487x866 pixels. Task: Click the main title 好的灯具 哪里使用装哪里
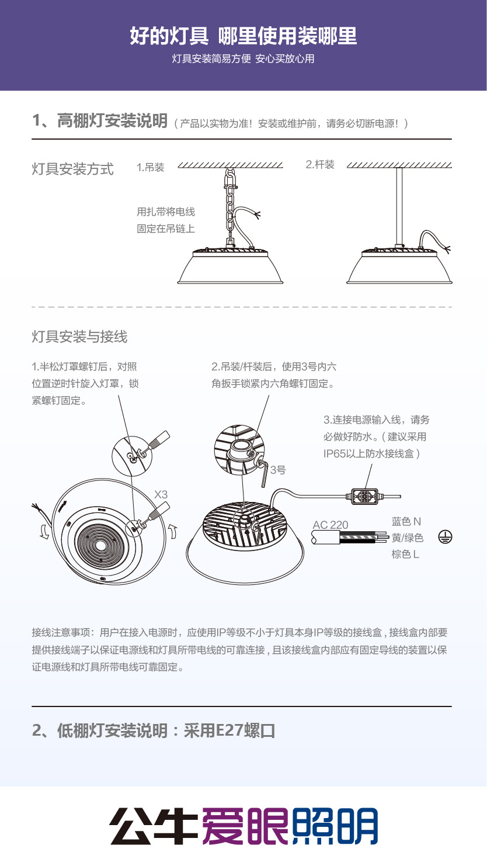point(243,36)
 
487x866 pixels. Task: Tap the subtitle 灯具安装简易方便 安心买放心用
point(243,59)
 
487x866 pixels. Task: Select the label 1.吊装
point(150,167)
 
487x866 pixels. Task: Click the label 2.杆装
point(320,165)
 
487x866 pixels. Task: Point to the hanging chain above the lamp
point(230,205)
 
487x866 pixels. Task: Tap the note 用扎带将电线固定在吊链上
point(166,220)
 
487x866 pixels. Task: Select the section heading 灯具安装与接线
point(79,337)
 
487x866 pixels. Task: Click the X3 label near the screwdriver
point(161,494)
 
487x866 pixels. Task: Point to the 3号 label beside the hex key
point(278,470)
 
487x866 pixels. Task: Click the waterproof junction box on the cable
point(364,496)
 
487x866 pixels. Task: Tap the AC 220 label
point(331,525)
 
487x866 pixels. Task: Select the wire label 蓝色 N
point(406,522)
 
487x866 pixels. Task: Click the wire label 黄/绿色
point(408,538)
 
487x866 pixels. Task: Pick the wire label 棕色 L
point(405,555)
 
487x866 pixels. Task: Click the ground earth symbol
point(445,538)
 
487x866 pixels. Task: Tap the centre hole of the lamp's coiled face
point(100,546)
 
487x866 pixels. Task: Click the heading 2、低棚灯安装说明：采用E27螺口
point(154,730)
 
